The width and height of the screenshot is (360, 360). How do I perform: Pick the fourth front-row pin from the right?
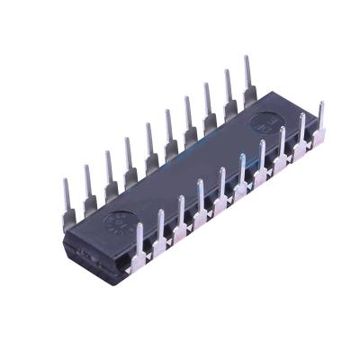click(x=261, y=161)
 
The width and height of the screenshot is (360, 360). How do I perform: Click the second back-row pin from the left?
click(x=88, y=186)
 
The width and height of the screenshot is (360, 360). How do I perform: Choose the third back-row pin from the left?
click(x=108, y=173)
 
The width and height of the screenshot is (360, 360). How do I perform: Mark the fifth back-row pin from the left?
click(x=148, y=146)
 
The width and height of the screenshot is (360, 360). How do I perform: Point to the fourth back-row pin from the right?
click(x=188, y=120)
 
